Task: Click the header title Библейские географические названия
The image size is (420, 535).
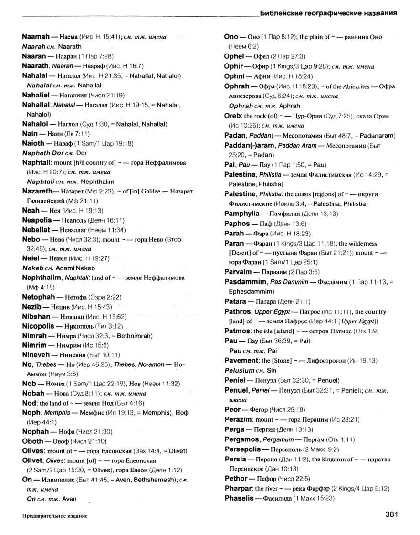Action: pos(329,14)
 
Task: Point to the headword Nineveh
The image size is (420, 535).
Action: pos(38,354)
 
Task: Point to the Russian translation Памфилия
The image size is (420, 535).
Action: pos(285,201)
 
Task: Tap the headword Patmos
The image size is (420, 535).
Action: pos(238,331)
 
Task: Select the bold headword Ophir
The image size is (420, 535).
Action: pos(237,66)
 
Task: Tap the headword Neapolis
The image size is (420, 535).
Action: pos(41,220)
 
